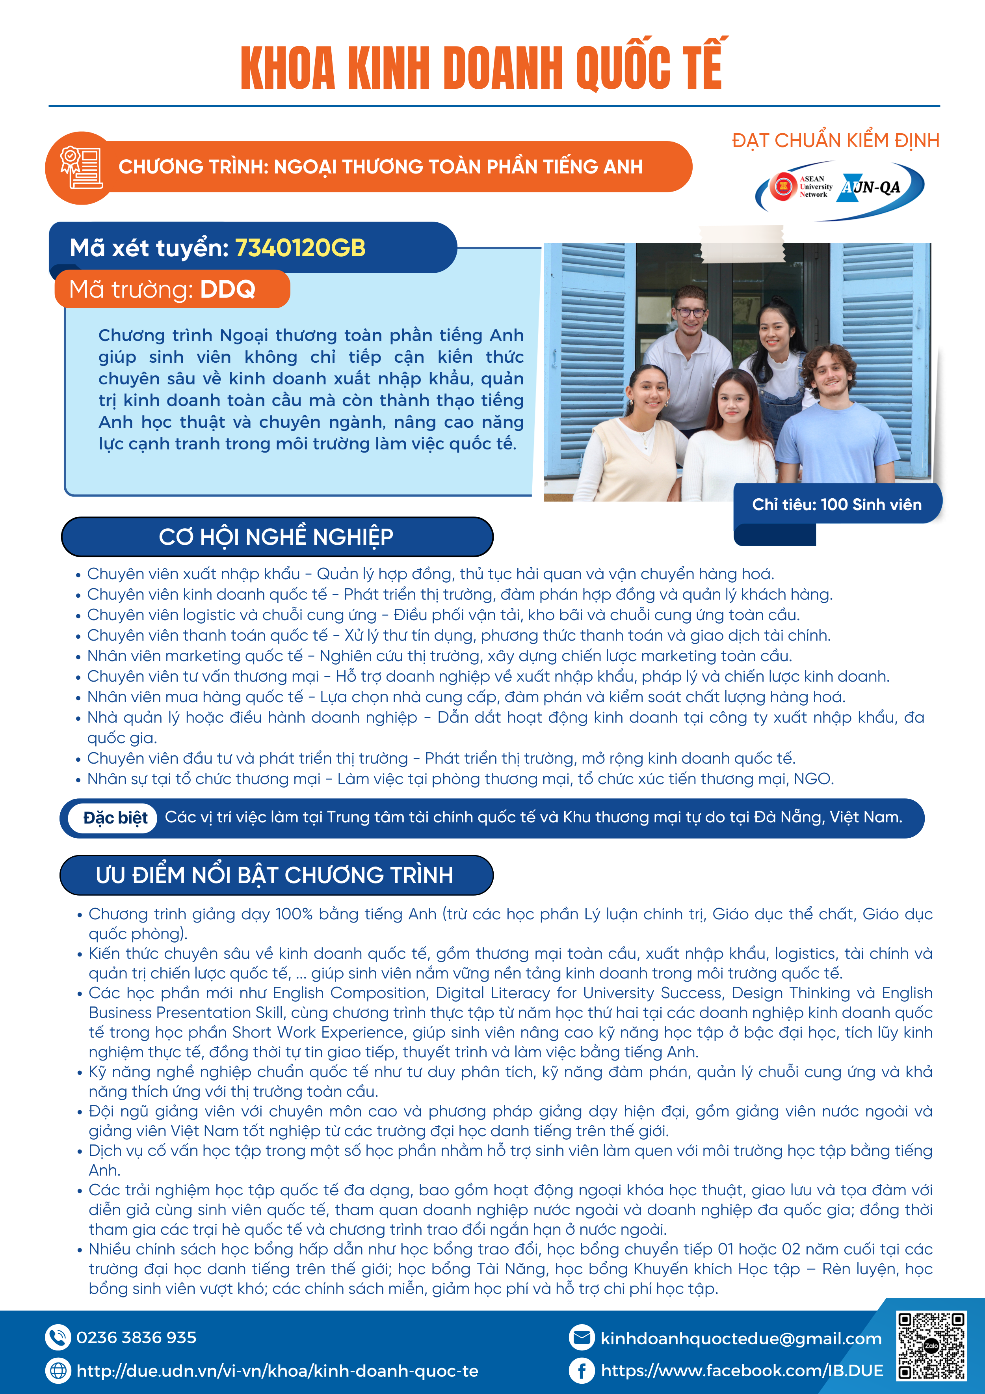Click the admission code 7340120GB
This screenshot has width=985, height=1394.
(x=300, y=248)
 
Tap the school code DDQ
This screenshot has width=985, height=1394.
(x=228, y=290)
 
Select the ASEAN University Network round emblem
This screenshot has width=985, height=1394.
(x=782, y=186)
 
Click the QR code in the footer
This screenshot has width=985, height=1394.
(x=931, y=1346)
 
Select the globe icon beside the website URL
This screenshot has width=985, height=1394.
(x=58, y=1370)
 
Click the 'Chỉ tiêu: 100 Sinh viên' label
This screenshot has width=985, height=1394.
(x=836, y=505)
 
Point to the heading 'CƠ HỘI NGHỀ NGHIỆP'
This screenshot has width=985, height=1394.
(x=276, y=537)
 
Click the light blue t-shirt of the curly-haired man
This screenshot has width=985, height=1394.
(x=834, y=437)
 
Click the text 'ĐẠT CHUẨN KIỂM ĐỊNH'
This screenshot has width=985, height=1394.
(x=835, y=141)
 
